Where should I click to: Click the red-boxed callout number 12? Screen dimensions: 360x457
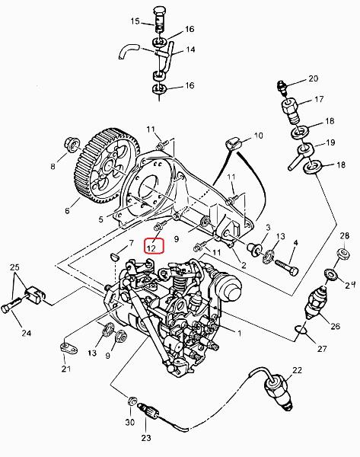[155, 246]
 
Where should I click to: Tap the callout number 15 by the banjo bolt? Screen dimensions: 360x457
[135, 21]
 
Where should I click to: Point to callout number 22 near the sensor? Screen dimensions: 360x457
[297, 370]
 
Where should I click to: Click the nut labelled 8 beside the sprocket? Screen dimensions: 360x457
[72, 145]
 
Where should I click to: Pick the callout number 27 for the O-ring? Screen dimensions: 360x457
[322, 349]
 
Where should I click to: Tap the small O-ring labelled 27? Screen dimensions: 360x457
[301, 329]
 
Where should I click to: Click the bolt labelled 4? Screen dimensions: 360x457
[287, 267]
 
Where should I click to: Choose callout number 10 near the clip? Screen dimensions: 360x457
[258, 136]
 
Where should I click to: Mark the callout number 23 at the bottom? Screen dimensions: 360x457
[146, 438]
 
